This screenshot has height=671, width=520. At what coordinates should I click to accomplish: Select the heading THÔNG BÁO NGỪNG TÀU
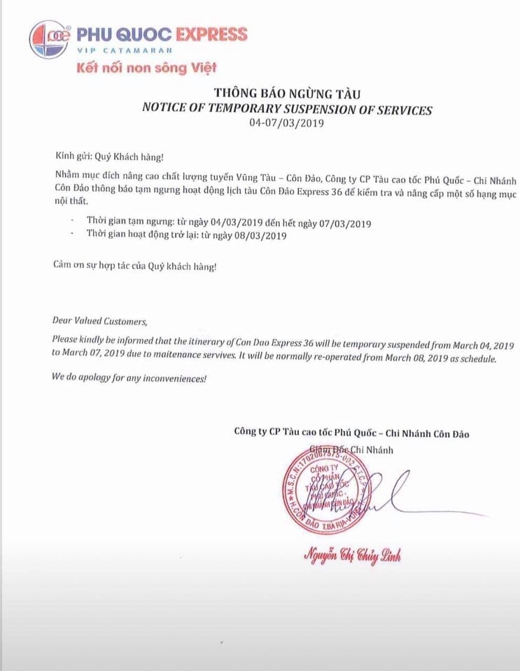(287, 94)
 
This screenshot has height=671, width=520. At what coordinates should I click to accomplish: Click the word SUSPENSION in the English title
(323, 109)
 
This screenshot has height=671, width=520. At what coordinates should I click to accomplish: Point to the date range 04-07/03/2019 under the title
(287, 123)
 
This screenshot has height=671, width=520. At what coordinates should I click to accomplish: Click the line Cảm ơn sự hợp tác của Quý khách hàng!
(135, 266)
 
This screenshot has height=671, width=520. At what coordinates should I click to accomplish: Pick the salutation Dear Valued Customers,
(100, 322)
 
